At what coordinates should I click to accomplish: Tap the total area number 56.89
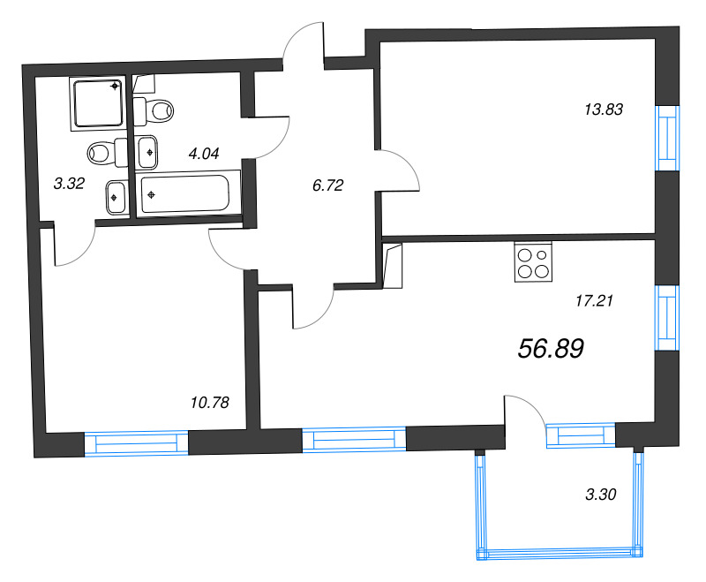pyautogui.click(x=551, y=349)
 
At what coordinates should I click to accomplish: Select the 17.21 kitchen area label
pyautogui.click(x=593, y=300)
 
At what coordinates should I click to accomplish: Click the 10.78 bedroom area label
pyautogui.click(x=209, y=403)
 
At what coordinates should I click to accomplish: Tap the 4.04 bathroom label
pyautogui.click(x=204, y=152)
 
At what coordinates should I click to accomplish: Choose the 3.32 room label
pyautogui.click(x=69, y=184)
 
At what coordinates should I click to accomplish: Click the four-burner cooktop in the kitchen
pyautogui.click(x=531, y=262)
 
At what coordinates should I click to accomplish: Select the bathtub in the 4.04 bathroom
pyautogui.click(x=189, y=193)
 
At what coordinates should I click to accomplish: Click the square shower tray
pyautogui.click(x=97, y=103)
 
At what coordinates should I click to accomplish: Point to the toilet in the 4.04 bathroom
pyautogui.click(x=154, y=110)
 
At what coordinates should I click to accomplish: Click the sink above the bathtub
pyautogui.click(x=147, y=151)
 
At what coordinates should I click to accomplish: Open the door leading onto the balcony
pyautogui.click(x=526, y=413)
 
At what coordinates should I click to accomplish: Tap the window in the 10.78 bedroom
pyautogui.click(x=137, y=442)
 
